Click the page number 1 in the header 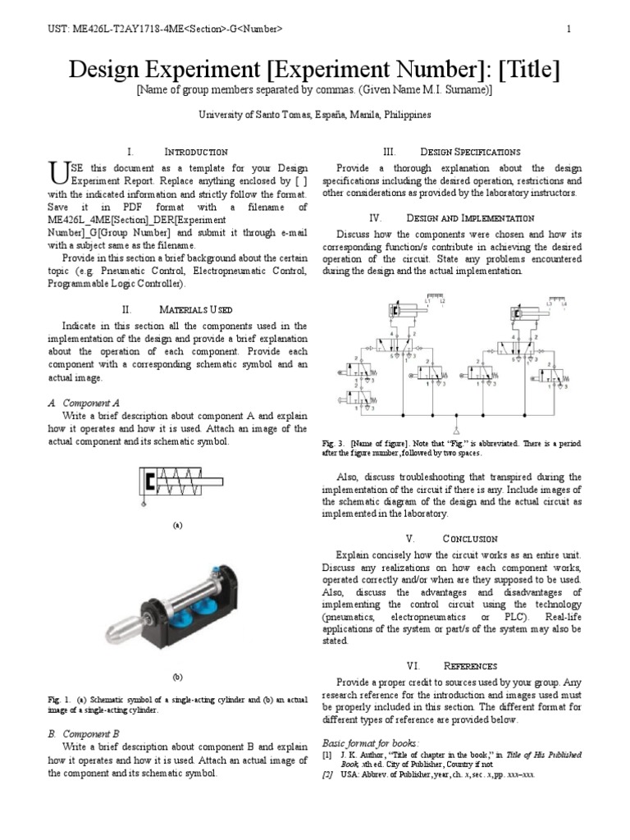[x=568, y=30]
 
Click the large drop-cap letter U [x=57, y=172]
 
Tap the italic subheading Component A [x=84, y=403]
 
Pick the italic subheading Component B [x=84, y=733]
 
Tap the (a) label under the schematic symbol [x=177, y=525]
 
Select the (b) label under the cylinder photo [x=177, y=678]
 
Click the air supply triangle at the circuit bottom [x=456, y=430]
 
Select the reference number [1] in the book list [x=326, y=754]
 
